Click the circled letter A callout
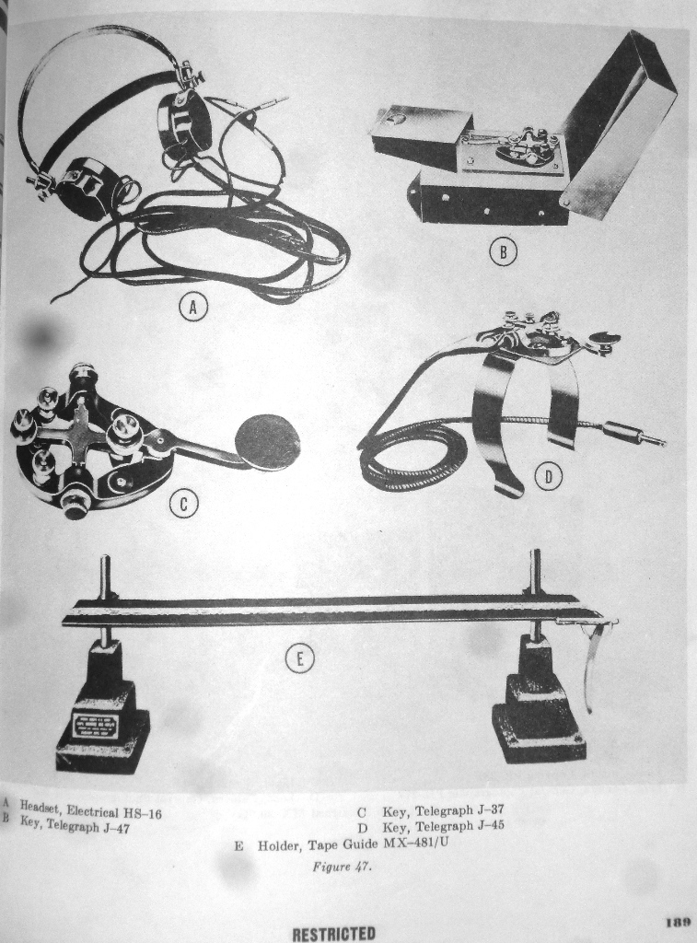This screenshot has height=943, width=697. [193, 308]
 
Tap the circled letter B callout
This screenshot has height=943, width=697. [503, 252]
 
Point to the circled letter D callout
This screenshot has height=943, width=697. [549, 478]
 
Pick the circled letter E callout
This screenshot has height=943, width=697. [299, 658]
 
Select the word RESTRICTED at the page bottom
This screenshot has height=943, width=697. [333, 933]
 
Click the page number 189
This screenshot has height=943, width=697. [677, 922]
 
